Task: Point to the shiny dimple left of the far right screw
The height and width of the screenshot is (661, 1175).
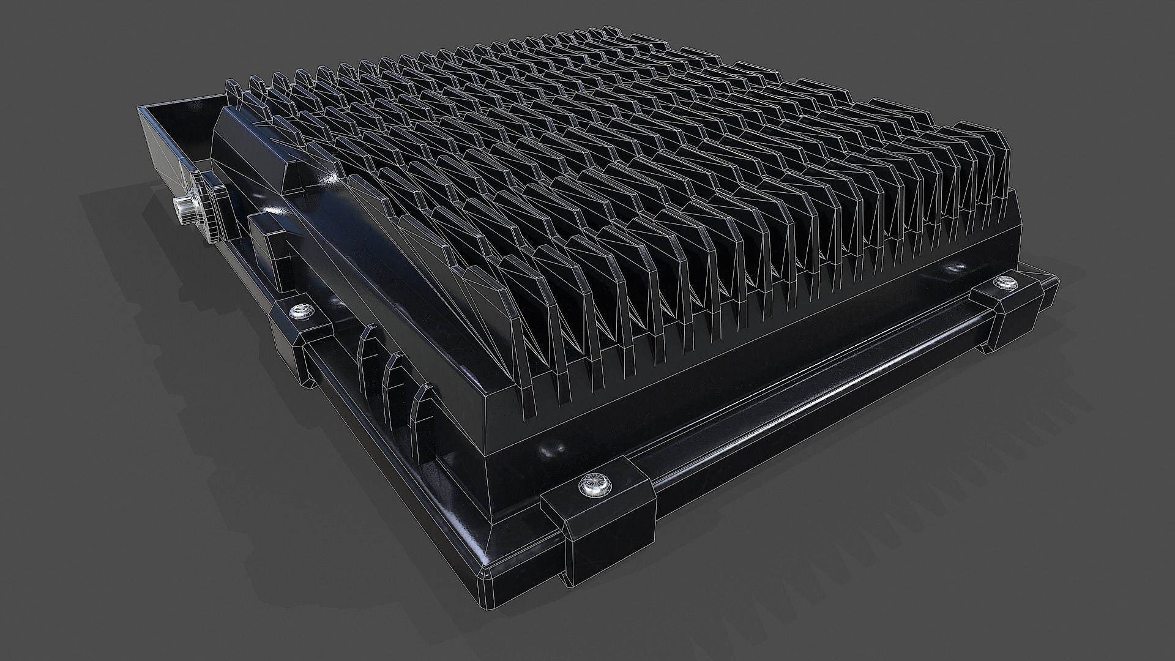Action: click(x=953, y=268)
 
